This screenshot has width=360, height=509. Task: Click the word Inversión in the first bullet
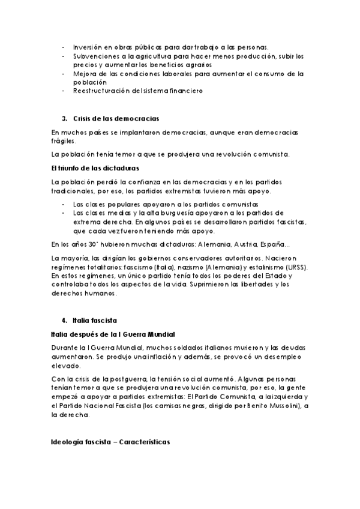tap(87, 47)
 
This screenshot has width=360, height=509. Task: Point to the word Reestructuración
tap(101, 91)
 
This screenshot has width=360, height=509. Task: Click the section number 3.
tap(64, 118)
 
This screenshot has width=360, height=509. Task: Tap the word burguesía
tap(171, 212)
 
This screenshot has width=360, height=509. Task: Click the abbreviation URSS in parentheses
tap(293, 267)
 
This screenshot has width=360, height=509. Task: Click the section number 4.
tap(64, 321)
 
